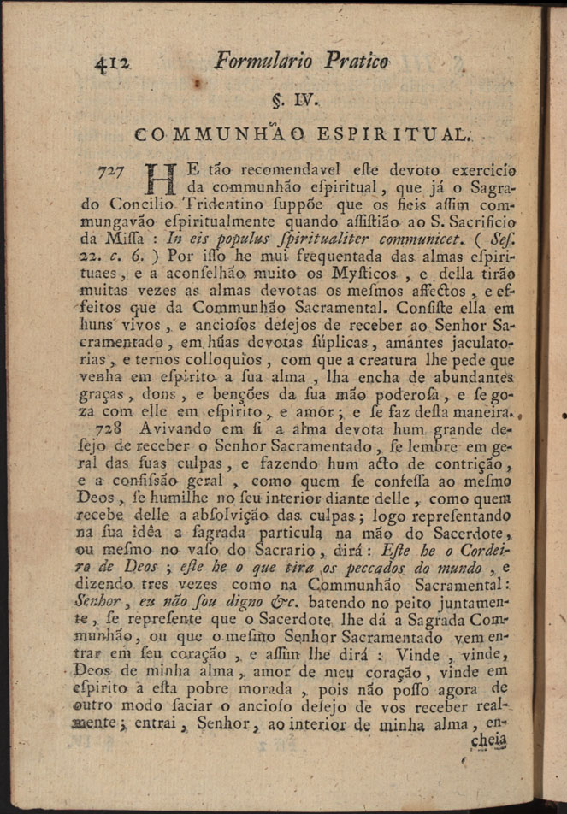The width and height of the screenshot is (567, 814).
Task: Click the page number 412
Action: (x=113, y=62)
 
